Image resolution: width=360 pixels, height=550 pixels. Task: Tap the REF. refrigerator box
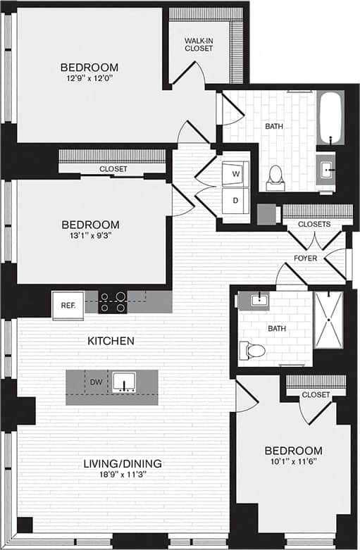68,306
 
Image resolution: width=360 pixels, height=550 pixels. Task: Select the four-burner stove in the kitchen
113,302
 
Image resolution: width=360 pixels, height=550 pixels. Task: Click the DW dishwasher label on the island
97,382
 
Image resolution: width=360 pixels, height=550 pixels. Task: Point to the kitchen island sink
126,382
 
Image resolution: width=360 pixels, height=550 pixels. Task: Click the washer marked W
235,173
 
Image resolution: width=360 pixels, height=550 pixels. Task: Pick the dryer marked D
235,200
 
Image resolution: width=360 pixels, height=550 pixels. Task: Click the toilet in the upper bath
275,176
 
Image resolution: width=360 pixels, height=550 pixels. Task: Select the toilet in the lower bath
253,350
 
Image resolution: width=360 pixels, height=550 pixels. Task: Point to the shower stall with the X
328,319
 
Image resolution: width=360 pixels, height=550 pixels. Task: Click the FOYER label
306,258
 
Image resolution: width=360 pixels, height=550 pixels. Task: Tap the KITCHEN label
111,341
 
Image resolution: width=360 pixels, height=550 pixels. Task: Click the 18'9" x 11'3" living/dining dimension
123,475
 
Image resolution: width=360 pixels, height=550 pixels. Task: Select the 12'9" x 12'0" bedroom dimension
89,79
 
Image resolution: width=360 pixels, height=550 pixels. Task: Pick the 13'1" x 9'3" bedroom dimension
90,237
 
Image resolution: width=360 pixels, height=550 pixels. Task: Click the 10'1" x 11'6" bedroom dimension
293,462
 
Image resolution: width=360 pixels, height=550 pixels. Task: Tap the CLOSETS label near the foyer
314,224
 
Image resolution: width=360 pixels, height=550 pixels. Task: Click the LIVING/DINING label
123,463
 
